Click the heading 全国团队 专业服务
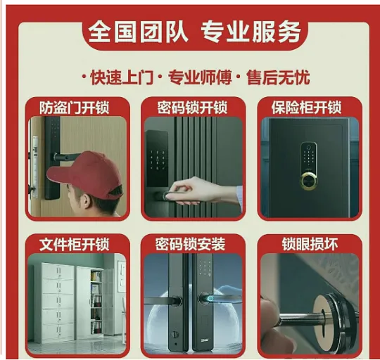195,32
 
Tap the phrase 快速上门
122,78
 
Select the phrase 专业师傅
200,78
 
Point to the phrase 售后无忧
278,78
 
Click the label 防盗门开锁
75,108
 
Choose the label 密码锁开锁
192,108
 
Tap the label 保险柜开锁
306,108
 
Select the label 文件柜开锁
75,244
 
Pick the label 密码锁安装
190,244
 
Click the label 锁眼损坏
310,244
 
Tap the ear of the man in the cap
85,201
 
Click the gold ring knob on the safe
309,181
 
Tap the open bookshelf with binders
96,302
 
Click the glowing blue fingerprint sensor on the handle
210,299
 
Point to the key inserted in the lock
302,319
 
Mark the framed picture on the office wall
122,277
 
